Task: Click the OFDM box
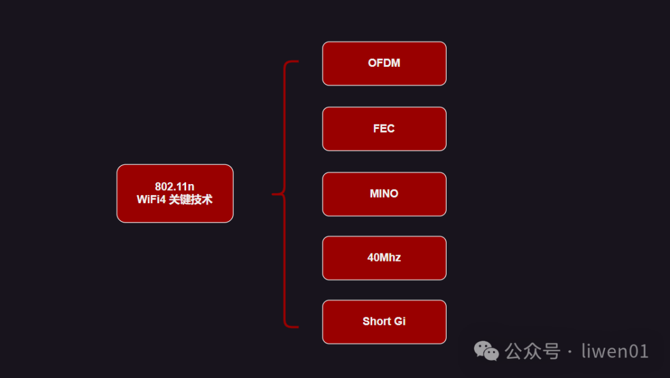tap(384, 63)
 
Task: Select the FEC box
tap(384, 129)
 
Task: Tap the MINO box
tap(384, 194)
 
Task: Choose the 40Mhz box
tap(384, 258)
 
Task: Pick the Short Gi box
tap(384, 322)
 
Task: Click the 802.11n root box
tap(175, 193)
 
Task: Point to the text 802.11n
tap(175, 187)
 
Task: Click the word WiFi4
tap(151, 200)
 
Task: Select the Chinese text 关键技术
tap(190, 200)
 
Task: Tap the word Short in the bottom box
tap(377, 322)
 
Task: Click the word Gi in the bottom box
tap(400, 322)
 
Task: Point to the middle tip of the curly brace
tap(274, 194)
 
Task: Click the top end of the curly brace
tap(297, 62)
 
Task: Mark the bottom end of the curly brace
tap(297, 326)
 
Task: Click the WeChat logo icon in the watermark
tap(486, 352)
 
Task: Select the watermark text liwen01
tap(615, 351)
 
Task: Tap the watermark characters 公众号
tap(532, 351)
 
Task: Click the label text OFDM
tap(384, 63)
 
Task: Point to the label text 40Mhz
tap(384, 258)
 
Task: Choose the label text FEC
tap(384, 129)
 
